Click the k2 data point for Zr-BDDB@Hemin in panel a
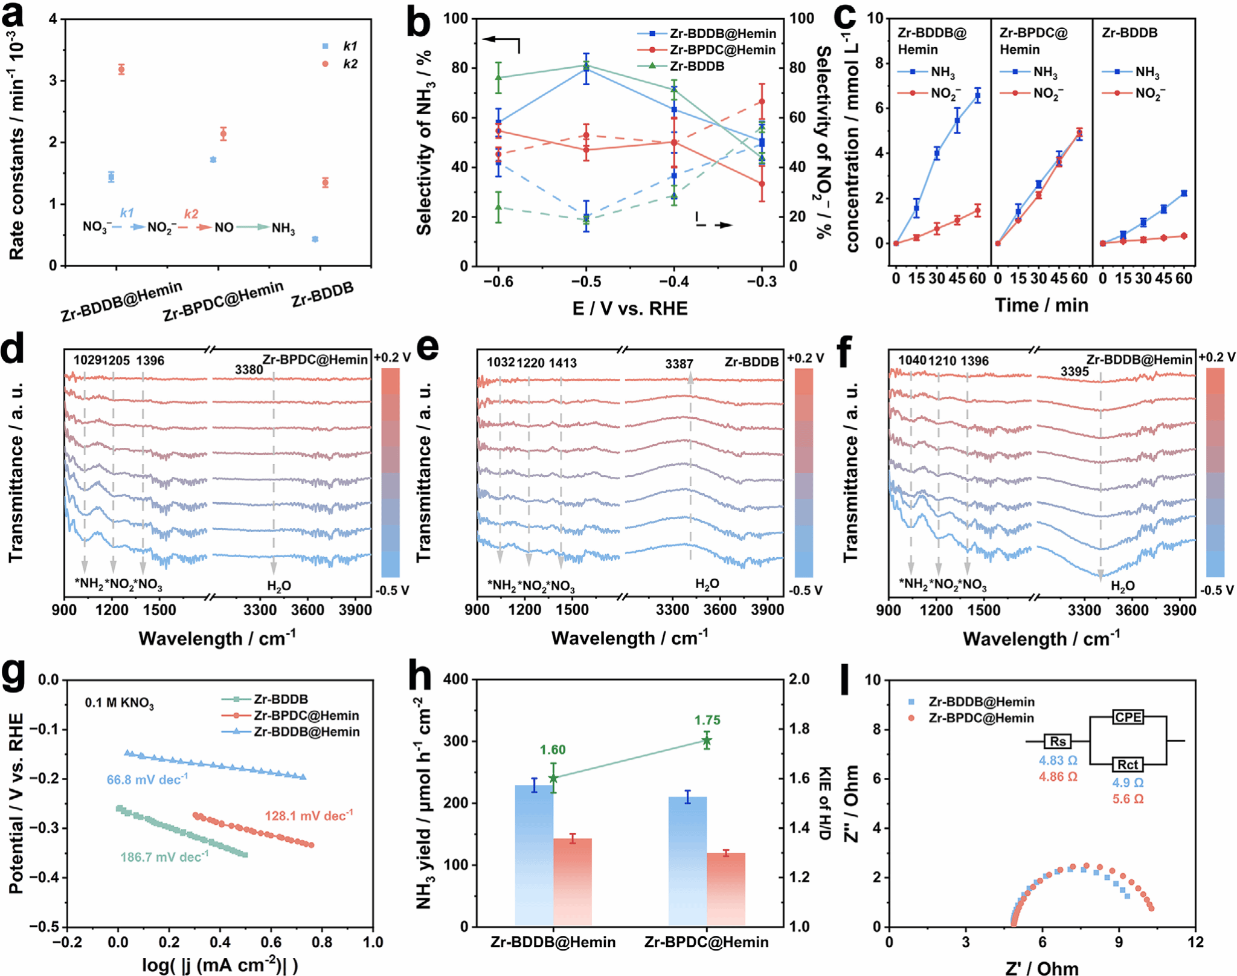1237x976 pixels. pos(121,69)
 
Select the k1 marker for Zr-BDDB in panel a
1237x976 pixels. pos(315,239)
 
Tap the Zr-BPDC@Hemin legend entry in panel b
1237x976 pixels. pos(722,50)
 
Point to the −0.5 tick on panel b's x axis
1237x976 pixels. pos(585,282)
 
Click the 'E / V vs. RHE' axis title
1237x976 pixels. pos(629,309)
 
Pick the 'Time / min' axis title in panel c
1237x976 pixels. pos(1041,305)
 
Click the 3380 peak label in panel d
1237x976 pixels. pos(248,370)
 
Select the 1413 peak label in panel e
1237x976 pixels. pos(562,363)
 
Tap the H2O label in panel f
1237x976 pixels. pos(1122,586)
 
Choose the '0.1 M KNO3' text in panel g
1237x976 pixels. pos(119,703)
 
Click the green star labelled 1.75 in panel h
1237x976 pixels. pos(707,741)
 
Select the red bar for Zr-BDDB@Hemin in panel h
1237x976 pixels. pos(573,882)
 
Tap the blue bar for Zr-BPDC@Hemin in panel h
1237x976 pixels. pos(687,861)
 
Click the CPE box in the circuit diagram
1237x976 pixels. pos(1128,717)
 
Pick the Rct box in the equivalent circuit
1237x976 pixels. pos(1128,764)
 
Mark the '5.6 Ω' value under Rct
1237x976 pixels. pos(1128,799)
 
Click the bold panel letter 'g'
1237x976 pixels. pos(14,676)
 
